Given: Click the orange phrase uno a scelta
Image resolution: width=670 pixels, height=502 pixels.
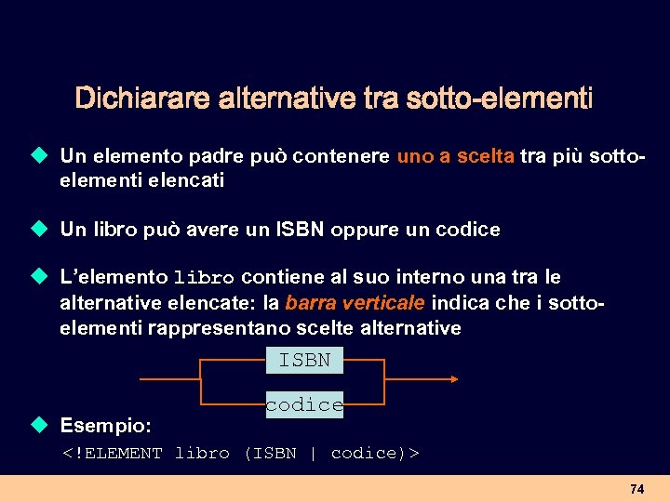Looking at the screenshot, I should coord(455,157).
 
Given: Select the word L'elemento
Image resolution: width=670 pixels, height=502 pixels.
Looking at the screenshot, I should coord(113,277).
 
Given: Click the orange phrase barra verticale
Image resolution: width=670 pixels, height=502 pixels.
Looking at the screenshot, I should coord(355,302).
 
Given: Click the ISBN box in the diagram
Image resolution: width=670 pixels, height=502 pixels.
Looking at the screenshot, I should coord(304,360).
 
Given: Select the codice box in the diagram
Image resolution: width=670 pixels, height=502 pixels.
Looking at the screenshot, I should coord(304,404).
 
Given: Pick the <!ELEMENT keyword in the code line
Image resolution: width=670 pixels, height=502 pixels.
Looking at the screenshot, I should coord(112,454).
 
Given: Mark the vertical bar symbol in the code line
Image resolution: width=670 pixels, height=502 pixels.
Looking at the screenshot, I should coord(313,454).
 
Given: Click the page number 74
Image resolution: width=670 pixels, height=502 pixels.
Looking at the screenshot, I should coord(636,489).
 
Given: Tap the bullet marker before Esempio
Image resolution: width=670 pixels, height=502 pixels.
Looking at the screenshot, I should coord(38,425).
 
